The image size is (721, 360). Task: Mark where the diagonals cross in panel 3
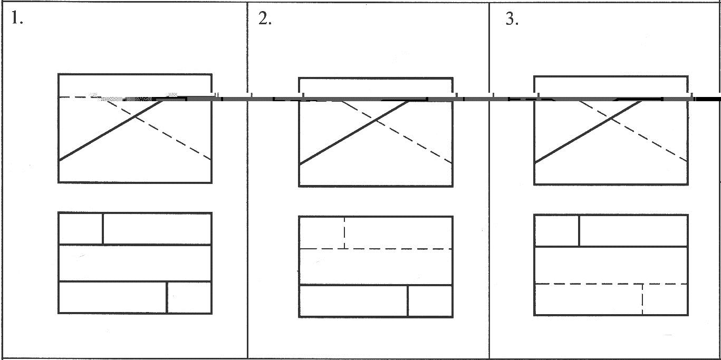611,119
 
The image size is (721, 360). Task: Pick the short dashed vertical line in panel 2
344,232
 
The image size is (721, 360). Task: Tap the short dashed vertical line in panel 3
642,299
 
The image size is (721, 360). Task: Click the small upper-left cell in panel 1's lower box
80,229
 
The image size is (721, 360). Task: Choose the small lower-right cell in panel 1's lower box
189,298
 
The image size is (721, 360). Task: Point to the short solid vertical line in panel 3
579,230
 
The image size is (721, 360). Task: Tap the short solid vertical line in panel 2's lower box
408,301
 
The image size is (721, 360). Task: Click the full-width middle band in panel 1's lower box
135,263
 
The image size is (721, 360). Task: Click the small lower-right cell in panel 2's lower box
430,301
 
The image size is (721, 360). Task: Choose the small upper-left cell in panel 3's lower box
556,230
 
